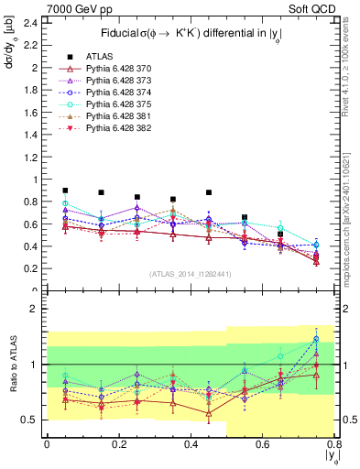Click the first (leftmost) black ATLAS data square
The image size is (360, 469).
(x=65, y=191)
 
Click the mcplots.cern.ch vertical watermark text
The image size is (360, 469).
(x=352, y=211)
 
